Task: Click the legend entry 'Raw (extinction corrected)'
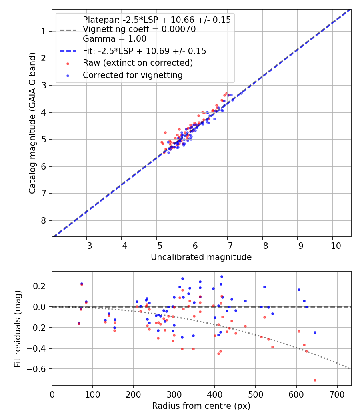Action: coord(138,63)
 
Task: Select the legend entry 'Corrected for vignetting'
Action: coord(132,75)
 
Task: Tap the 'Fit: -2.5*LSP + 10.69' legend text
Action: coord(144,51)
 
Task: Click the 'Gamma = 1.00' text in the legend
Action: coord(114,39)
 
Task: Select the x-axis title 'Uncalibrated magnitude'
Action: coord(201,257)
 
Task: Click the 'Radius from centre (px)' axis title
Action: coord(201,406)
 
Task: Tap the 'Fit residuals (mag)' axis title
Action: coord(17,328)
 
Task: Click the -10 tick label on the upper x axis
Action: coord(332,245)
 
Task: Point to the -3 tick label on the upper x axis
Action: coord(86,245)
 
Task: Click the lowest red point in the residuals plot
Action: coord(315,380)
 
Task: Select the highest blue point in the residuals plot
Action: coord(222,276)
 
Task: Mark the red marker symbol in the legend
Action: coord(68,63)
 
